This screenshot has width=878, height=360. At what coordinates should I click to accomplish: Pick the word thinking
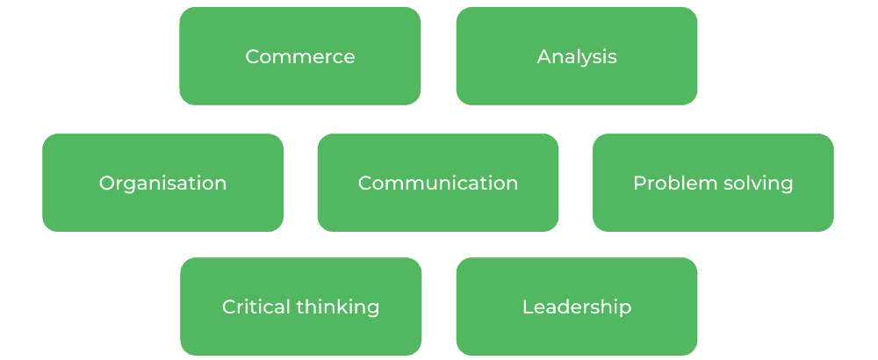click(338, 307)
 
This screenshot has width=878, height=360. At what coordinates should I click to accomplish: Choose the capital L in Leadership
click(527, 307)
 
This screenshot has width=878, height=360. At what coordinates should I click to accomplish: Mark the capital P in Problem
click(638, 184)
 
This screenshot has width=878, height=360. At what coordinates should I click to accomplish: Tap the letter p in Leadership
click(625, 310)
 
